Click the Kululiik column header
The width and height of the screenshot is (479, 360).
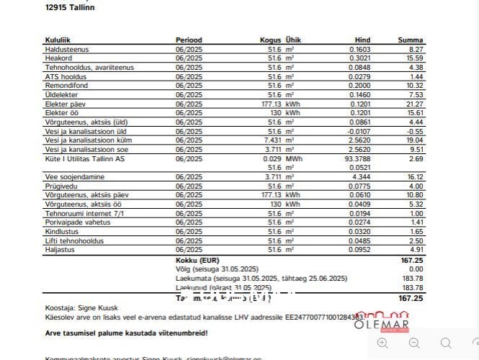(x=57, y=40)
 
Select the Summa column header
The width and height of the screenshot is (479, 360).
(x=410, y=40)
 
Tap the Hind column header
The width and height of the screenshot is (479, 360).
(x=362, y=40)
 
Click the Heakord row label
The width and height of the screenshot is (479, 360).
(x=58, y=58)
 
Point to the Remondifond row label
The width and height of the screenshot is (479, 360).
(x=66, y=85)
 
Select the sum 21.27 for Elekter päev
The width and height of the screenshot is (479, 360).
(x=415, y=104)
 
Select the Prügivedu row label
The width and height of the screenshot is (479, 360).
(x=61, y=186)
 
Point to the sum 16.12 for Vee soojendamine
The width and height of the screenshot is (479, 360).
(x=415, y=176)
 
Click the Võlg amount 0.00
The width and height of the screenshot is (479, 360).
(x=416, y=269)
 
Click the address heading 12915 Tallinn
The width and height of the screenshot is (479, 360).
(x=69, y=7)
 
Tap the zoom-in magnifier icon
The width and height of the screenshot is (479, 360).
(x=382, y=343)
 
